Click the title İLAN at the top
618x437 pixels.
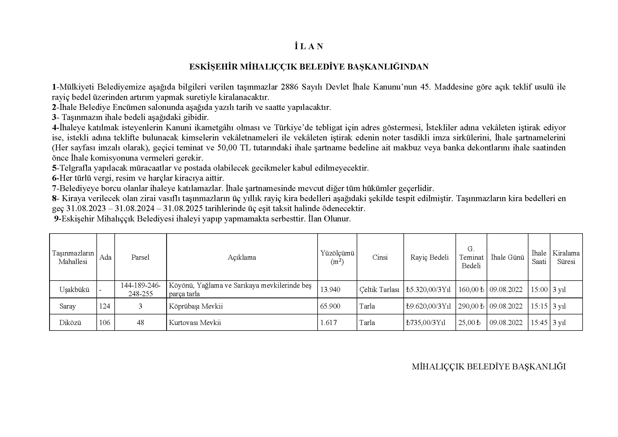pos(309,47)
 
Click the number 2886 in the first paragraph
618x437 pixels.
pos(290,87)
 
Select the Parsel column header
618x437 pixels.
pos(140,257)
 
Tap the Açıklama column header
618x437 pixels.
pos(242,257)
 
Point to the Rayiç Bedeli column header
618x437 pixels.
pos(429,257)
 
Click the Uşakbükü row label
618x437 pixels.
pos(74,290)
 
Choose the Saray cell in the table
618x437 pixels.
pos(68,306)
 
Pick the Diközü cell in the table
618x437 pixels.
pos(70,323)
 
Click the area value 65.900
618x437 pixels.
pos(330,306)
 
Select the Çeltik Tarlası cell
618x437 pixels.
pos(379,290)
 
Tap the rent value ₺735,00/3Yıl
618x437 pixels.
pos(426,323)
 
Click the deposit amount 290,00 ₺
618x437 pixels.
pos(471,306)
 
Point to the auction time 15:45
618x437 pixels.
pos(539,323)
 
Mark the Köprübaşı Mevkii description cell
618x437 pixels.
pos(196,306)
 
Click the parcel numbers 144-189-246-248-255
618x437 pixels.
pos(140,290)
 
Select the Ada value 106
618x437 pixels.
pos(105,323)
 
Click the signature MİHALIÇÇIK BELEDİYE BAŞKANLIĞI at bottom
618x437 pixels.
pos(489,367)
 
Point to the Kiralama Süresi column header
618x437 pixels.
pos(566,257)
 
